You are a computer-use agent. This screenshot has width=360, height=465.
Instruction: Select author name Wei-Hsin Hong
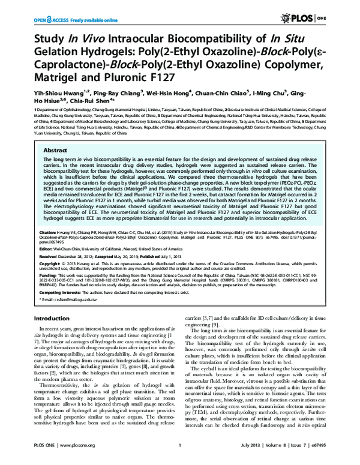point(175,94)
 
